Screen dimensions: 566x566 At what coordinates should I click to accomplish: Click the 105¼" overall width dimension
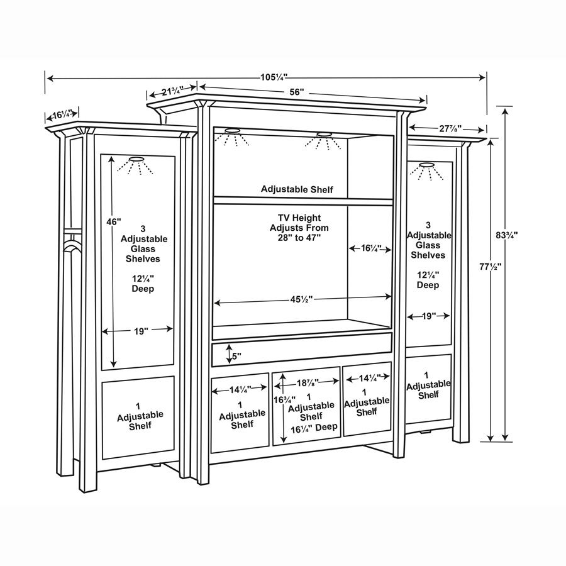pyautogui.click(x=274, y=77)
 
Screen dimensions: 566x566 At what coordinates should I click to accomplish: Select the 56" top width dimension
pyautogui.click(x=297, y=92)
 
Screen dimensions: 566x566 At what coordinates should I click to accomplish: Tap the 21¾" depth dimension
pyautogui.click(x=172, y=91)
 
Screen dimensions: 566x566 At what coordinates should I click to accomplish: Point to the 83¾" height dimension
pyautogui.click(x=506, y=235)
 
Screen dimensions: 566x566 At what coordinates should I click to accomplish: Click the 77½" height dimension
pyautogui.click(x=490, y=267)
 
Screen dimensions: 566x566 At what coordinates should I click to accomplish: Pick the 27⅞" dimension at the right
pyautogui.click(x=450, y=128)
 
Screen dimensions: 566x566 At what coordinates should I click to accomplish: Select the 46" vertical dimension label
pyautogui.click(x=113, y=221)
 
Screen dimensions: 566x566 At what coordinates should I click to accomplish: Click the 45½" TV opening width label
pyautogui.click(x=301, y=299)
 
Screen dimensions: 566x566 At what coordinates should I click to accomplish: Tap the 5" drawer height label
pyautogui.click(x=236, y=357)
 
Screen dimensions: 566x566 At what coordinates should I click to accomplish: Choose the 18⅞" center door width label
pyautogui.click(x=308, y=382)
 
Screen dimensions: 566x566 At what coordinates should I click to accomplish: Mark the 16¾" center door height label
pyautogui.click(x=284, y=399)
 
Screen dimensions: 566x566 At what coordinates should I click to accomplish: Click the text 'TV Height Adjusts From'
pyautogui.click(x=299, y=223)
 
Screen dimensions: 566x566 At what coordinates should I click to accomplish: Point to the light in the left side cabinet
pyautogui.click(x=136, y=159)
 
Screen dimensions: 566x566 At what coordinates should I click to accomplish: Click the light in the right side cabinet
pyautogui.click(x=426, y=165)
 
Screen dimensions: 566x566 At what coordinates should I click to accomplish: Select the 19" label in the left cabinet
pyautogui.click(x=141, y=331)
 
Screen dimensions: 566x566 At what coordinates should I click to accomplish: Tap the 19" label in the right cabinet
pyautogui.click(x=429, y=316)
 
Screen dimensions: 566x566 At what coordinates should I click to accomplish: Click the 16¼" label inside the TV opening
pyautogui.click(x=371, y=248)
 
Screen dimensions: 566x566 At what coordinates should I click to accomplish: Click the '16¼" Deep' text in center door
pyautogui.click(x=314, y=428)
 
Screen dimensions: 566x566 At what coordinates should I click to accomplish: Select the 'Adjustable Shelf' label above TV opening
pyautogui.click(x=297, y=189)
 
